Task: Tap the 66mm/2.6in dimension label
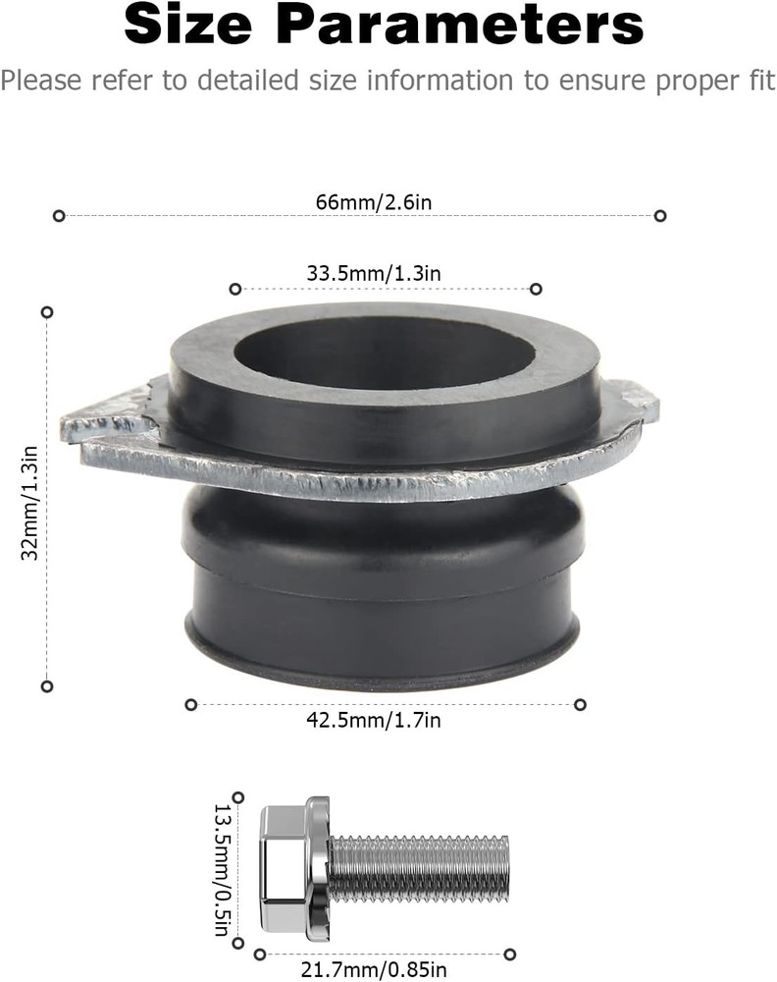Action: pos(359,201)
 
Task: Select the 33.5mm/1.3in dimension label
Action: pos(373,274)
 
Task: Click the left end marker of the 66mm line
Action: pos(59,215)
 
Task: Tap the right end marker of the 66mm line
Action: pos(660,215)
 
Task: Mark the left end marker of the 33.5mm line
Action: pos(234,289)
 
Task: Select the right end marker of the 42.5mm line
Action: pos(580,704)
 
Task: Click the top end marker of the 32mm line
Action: pos(46,311)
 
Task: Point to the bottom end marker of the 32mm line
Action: pos(46,685)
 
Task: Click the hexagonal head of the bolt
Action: pos(285,869)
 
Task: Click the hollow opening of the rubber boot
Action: pos(385,352)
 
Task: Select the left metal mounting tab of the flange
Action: pos(103,417)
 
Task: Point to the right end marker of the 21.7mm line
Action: pos(509,955)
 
